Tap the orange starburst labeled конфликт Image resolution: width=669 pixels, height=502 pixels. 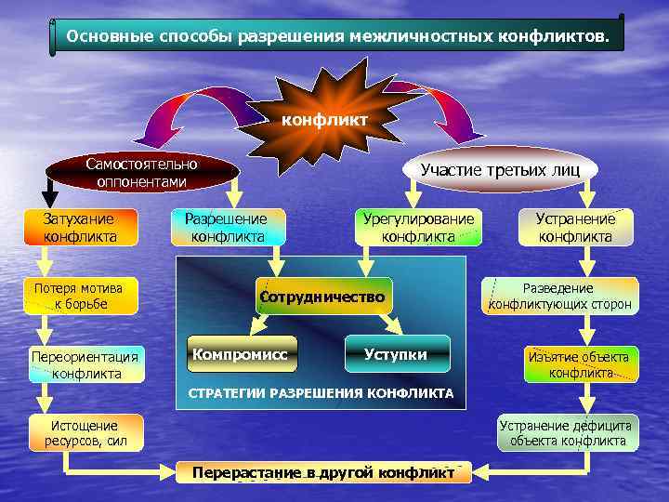[x=324, y=119]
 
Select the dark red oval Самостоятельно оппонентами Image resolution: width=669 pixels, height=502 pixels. [x=141, y=173]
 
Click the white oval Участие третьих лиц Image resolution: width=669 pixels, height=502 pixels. [x=499, y=169]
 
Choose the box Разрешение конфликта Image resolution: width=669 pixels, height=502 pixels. [x=228, y=228]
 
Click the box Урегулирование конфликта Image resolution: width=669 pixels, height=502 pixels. [x=418, y=228]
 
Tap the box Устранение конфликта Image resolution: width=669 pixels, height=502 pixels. [x=575, y=228]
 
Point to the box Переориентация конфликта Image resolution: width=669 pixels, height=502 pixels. [x=85, y=364]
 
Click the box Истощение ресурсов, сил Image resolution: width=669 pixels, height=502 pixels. [x=85, y=432]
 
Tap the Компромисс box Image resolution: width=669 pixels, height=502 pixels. [x=242, y=354]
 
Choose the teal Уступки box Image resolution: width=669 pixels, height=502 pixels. [x=397, y=354]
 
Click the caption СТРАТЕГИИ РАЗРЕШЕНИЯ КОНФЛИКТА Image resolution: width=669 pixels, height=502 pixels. [x=321, y=393]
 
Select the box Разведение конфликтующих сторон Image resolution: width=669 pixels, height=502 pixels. [x=559, y=296]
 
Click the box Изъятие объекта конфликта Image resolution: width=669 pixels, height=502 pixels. [x=580, y=364]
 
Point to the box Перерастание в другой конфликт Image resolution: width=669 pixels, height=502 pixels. [x=323, y=472]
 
